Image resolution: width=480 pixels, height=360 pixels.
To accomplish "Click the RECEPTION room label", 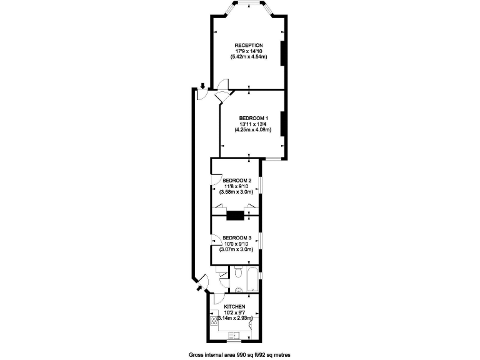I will click(249, 46).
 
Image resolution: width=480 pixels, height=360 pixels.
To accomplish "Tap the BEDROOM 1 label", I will click(253, 118).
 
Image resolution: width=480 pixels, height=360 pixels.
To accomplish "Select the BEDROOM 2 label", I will click(237, 181).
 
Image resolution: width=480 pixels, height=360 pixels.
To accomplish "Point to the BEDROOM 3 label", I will click(237, 237).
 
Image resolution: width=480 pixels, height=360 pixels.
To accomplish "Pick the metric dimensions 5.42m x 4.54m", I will click(249, 57).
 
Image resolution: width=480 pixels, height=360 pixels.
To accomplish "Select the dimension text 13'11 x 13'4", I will click(253, 124).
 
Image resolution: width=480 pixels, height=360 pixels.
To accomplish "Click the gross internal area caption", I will click(241, 354).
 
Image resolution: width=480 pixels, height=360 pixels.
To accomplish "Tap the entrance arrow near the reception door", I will click(202, 86).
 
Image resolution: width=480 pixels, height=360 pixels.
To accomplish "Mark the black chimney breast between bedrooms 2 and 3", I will click(235, 216).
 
